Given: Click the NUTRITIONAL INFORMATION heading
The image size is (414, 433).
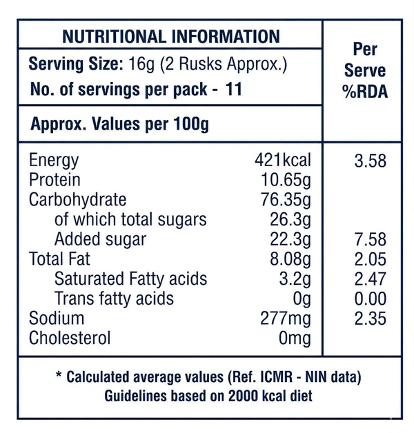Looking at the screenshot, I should point(170,37).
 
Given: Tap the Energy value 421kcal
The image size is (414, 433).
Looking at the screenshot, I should point(283,161).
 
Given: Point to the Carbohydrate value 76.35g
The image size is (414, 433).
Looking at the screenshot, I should point(286,200).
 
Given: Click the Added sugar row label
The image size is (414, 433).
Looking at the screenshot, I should point(100,239).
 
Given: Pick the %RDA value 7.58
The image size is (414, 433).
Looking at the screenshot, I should point(370,239).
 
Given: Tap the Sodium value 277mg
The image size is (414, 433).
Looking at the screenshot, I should point(285,319).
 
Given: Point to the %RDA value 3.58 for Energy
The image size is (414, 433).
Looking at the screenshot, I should point(370,161).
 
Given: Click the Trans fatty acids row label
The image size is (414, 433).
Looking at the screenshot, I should point(114,299).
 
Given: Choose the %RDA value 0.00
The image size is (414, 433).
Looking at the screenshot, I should point(370,299).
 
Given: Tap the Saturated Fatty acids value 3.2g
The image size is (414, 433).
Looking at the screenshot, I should point(293,279).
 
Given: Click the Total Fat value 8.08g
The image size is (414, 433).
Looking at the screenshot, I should point(288,259).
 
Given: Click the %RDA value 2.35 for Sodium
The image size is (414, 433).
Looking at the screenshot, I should point(370,319).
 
